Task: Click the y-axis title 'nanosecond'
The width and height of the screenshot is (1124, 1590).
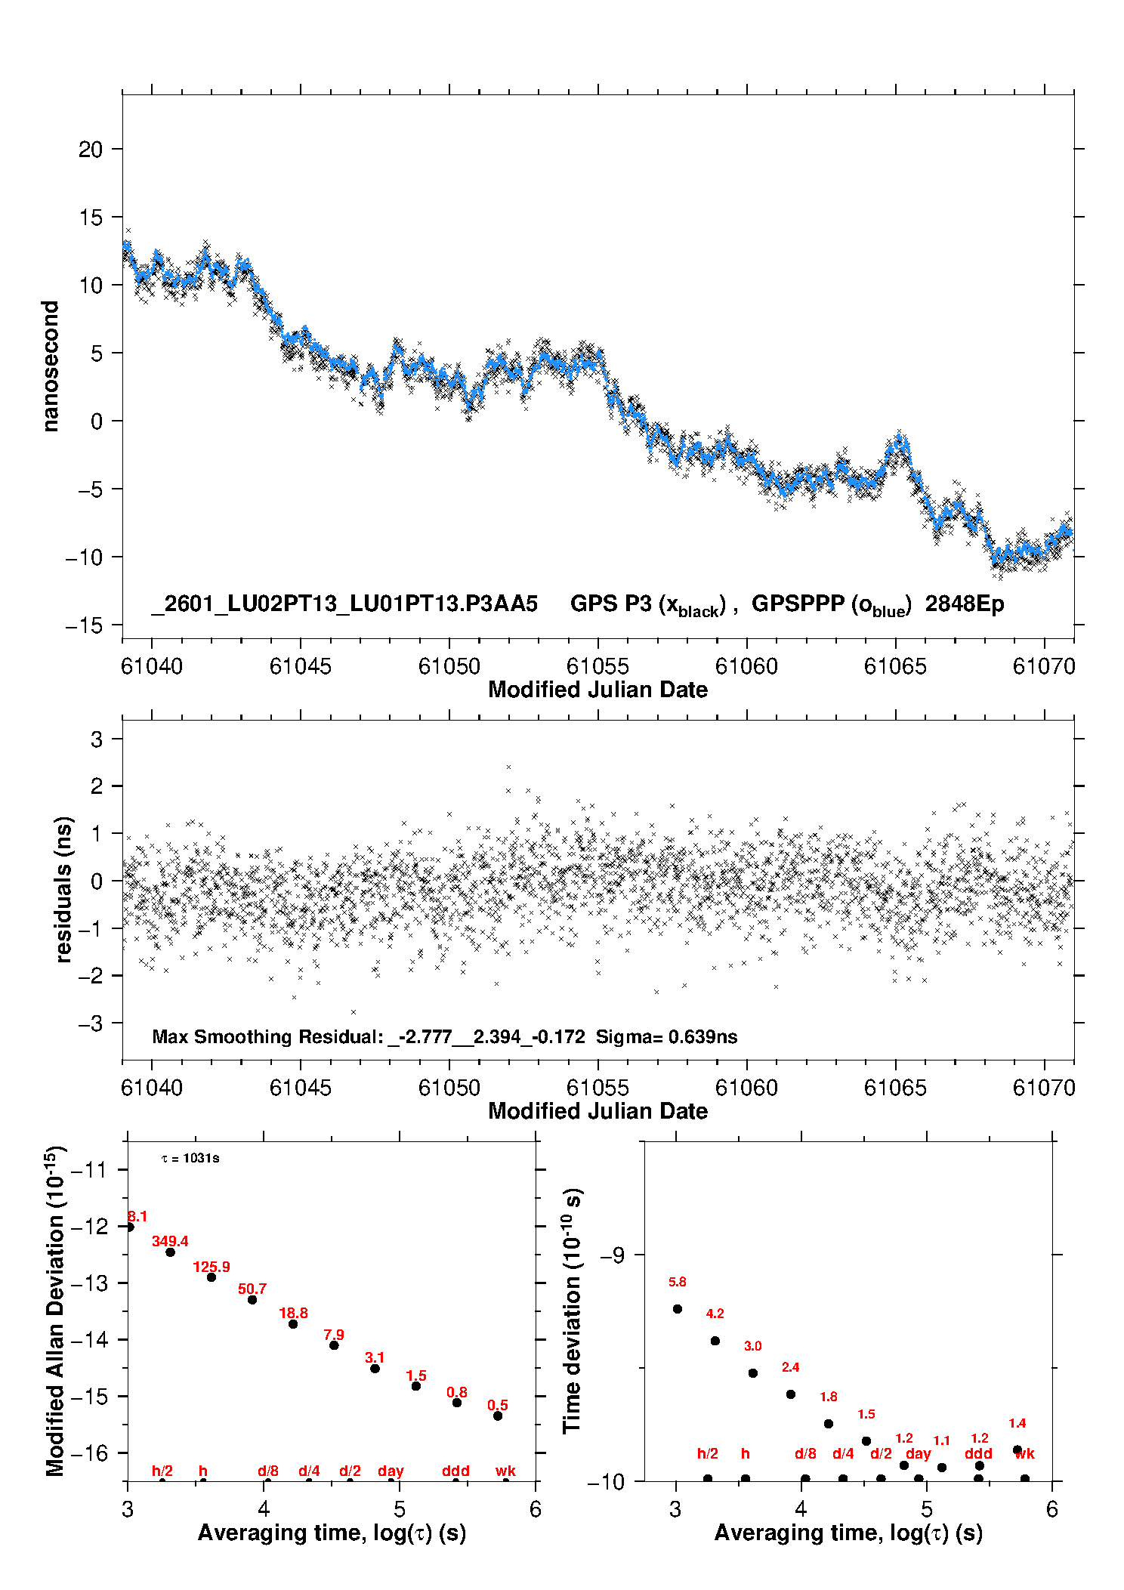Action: (x=51, y=366)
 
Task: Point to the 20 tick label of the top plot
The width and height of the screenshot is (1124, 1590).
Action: (x=91, y=150)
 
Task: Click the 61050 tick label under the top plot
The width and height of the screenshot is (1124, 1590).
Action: (x=449, y=666)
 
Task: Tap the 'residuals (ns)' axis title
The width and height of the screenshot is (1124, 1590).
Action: (x=64, y=889)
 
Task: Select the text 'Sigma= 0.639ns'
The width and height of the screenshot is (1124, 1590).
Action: (x=666, y=1036)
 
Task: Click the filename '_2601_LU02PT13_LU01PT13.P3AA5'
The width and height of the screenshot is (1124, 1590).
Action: (x=344, y=604)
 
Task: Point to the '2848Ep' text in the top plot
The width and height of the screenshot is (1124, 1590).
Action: (x=965, y=604)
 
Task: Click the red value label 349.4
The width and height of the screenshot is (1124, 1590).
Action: (x=170, y=1241)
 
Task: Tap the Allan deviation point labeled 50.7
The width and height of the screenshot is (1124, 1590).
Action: (x=252, y=1299)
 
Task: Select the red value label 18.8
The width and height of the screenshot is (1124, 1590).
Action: (x=293, y=1313)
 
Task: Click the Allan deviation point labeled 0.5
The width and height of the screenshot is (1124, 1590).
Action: (x=498, y=1416)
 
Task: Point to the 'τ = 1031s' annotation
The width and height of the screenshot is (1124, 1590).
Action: (x=190, y=1158)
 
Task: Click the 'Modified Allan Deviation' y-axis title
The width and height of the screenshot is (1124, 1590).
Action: (x=55, y=1311)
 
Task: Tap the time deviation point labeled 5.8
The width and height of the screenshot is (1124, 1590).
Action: (x=678, y=1308)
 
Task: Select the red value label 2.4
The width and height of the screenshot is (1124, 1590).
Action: (x=790, y=1366)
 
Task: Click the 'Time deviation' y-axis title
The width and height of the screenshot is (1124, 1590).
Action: (x=572, y=1311)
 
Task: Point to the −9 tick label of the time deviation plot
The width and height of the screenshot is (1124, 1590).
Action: (x=612, y=1255)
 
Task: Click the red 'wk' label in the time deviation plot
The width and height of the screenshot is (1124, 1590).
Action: (x=1024, y=1453)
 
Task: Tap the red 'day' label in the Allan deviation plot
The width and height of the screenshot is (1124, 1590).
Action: (x=391, y=1471)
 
